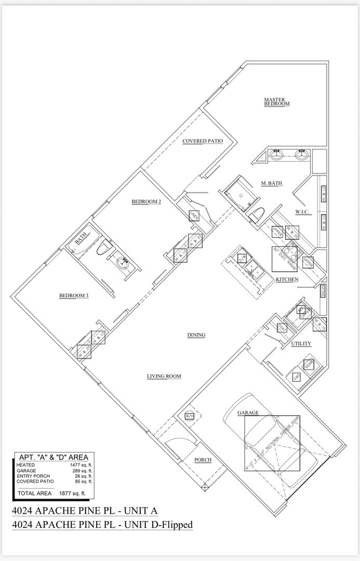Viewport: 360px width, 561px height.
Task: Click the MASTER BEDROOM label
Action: (x=276, y=102)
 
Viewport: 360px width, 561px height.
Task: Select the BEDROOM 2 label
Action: (x=146, y=201)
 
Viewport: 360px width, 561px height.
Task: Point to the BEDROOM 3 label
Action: (x=74, y=296)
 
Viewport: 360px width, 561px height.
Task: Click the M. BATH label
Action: (x=271, y=183)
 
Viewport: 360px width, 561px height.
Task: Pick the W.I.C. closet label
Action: (x=302, y=211)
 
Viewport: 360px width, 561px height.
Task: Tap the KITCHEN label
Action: (x=287, y=279)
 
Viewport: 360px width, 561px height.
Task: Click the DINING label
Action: (x=196, y=335)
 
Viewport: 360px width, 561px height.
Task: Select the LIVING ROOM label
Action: (x=164, y=376)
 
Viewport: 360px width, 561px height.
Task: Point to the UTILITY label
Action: (x=301, y=344)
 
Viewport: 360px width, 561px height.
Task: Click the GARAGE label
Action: (x=248, y=413)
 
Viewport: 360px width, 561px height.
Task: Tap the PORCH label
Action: (x=203, y=460)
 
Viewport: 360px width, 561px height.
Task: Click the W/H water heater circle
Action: (x=189, y=416)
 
